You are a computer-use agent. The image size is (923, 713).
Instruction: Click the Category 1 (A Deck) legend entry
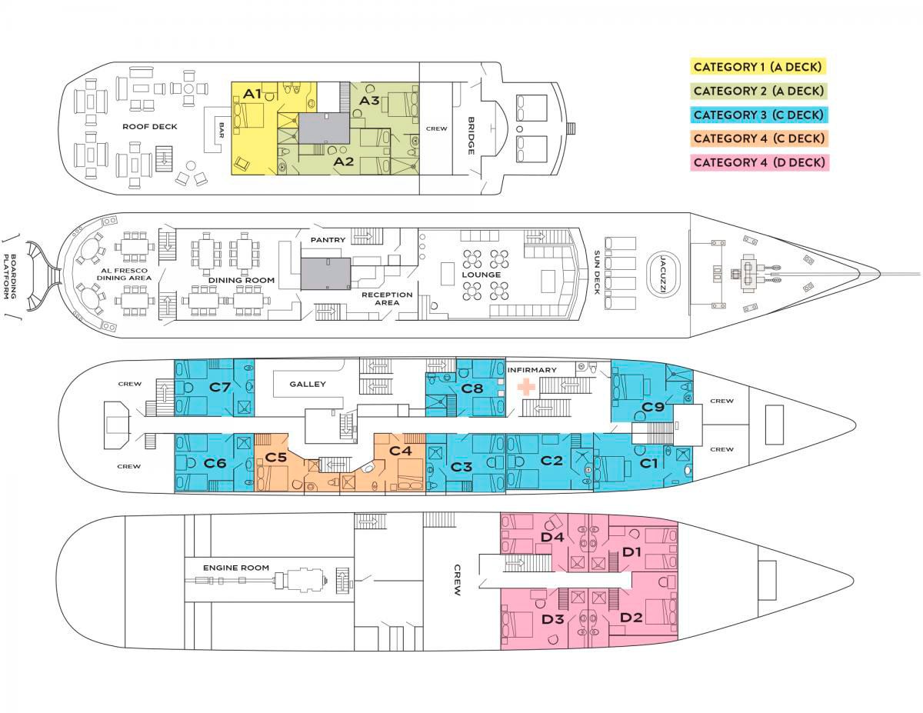click(758, 67)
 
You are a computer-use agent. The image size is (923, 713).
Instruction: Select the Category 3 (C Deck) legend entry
click(758, 115)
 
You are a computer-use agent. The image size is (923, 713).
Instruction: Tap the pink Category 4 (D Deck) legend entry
click(758, 162)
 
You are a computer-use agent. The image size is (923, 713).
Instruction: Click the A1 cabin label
click(253, 94)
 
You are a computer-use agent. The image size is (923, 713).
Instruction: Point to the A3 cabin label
click(369, 100)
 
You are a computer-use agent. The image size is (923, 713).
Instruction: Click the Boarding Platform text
click(11, 276)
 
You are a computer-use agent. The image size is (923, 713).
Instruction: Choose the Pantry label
click(328, 240)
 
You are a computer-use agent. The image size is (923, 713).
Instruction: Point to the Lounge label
click(481, 275)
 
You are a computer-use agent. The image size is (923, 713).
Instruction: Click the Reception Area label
click(387, 298)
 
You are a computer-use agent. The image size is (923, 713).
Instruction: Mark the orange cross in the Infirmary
click(526, 386)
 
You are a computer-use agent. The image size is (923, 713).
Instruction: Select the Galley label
click(308, 384)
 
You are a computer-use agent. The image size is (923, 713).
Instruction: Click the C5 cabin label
click(275, 457)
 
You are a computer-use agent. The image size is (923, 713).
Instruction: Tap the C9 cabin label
click(653, 407)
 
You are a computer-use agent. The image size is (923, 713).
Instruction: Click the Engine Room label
click(236, 568)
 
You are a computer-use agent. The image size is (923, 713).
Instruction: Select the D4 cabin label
click(552, 537)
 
